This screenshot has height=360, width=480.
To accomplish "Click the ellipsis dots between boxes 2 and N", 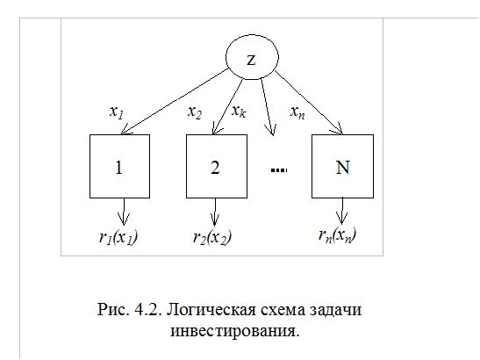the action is [279, 170].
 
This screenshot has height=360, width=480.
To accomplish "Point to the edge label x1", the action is [117, 112].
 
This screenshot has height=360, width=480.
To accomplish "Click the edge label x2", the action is [195, 112].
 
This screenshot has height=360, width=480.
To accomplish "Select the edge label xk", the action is [239, 111].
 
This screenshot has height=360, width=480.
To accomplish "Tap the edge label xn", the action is [297, 112].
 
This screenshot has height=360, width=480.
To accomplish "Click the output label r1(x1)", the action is [118, 237].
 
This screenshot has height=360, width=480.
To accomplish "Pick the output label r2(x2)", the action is [212, 237].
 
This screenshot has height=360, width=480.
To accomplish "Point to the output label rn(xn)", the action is [337, 235].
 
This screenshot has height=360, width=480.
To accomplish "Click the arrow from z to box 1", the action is [175, 102].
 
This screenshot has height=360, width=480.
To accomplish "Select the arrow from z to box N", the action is [309, 103].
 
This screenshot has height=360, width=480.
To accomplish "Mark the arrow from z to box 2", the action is [228, 106].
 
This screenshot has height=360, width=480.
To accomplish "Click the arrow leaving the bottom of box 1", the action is [124, 212].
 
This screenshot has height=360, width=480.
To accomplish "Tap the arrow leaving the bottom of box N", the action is [342, 211].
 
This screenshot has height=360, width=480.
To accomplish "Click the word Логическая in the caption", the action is [211, 310].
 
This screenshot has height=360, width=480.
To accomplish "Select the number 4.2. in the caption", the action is [147, 310].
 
